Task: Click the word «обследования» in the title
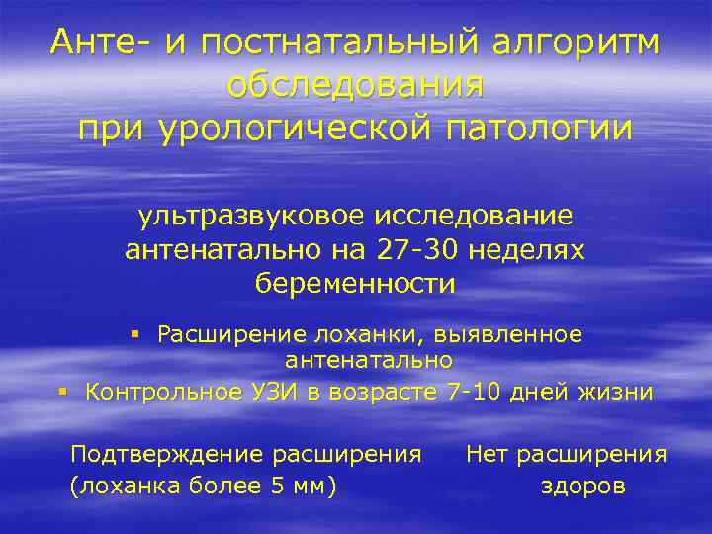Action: (356, 86)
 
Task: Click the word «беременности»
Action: (356, 284)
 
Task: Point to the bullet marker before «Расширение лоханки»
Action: (136, 335)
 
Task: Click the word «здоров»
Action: (583, 488)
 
